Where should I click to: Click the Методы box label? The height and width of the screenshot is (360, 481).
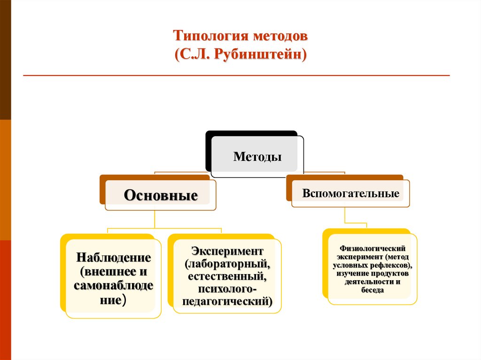(257, 157)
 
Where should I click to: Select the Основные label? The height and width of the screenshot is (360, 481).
(160, 195)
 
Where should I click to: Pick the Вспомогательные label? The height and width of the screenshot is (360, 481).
(351, 193)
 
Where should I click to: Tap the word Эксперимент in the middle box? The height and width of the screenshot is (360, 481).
(227, 249)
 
